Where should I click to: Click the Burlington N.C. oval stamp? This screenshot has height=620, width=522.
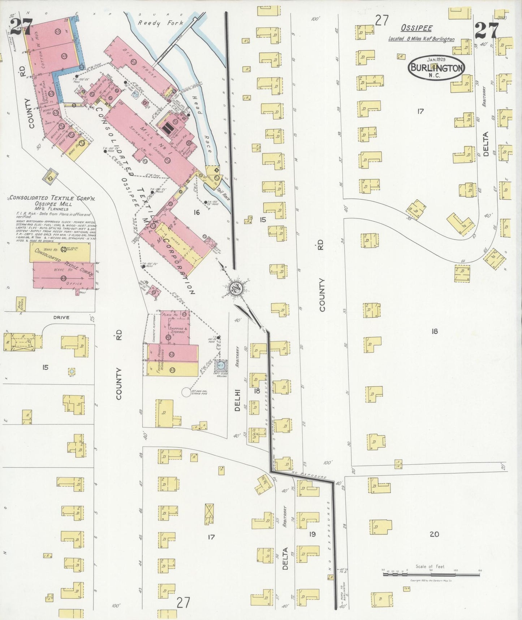(x=436, y=67)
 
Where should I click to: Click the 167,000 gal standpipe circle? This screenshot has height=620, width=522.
(x=186, y=392)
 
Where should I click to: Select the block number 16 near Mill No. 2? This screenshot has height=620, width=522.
(x=196, y=212)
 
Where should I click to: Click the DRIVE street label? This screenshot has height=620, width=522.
(x=61, y=318)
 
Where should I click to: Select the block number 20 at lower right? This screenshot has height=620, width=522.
(x=434, y=534)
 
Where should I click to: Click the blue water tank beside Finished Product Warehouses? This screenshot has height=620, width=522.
(x=220, y=366)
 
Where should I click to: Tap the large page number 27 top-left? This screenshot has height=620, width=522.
(x=21, y=26)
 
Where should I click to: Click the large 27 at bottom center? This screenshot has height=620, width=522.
(x=183, y=602)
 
